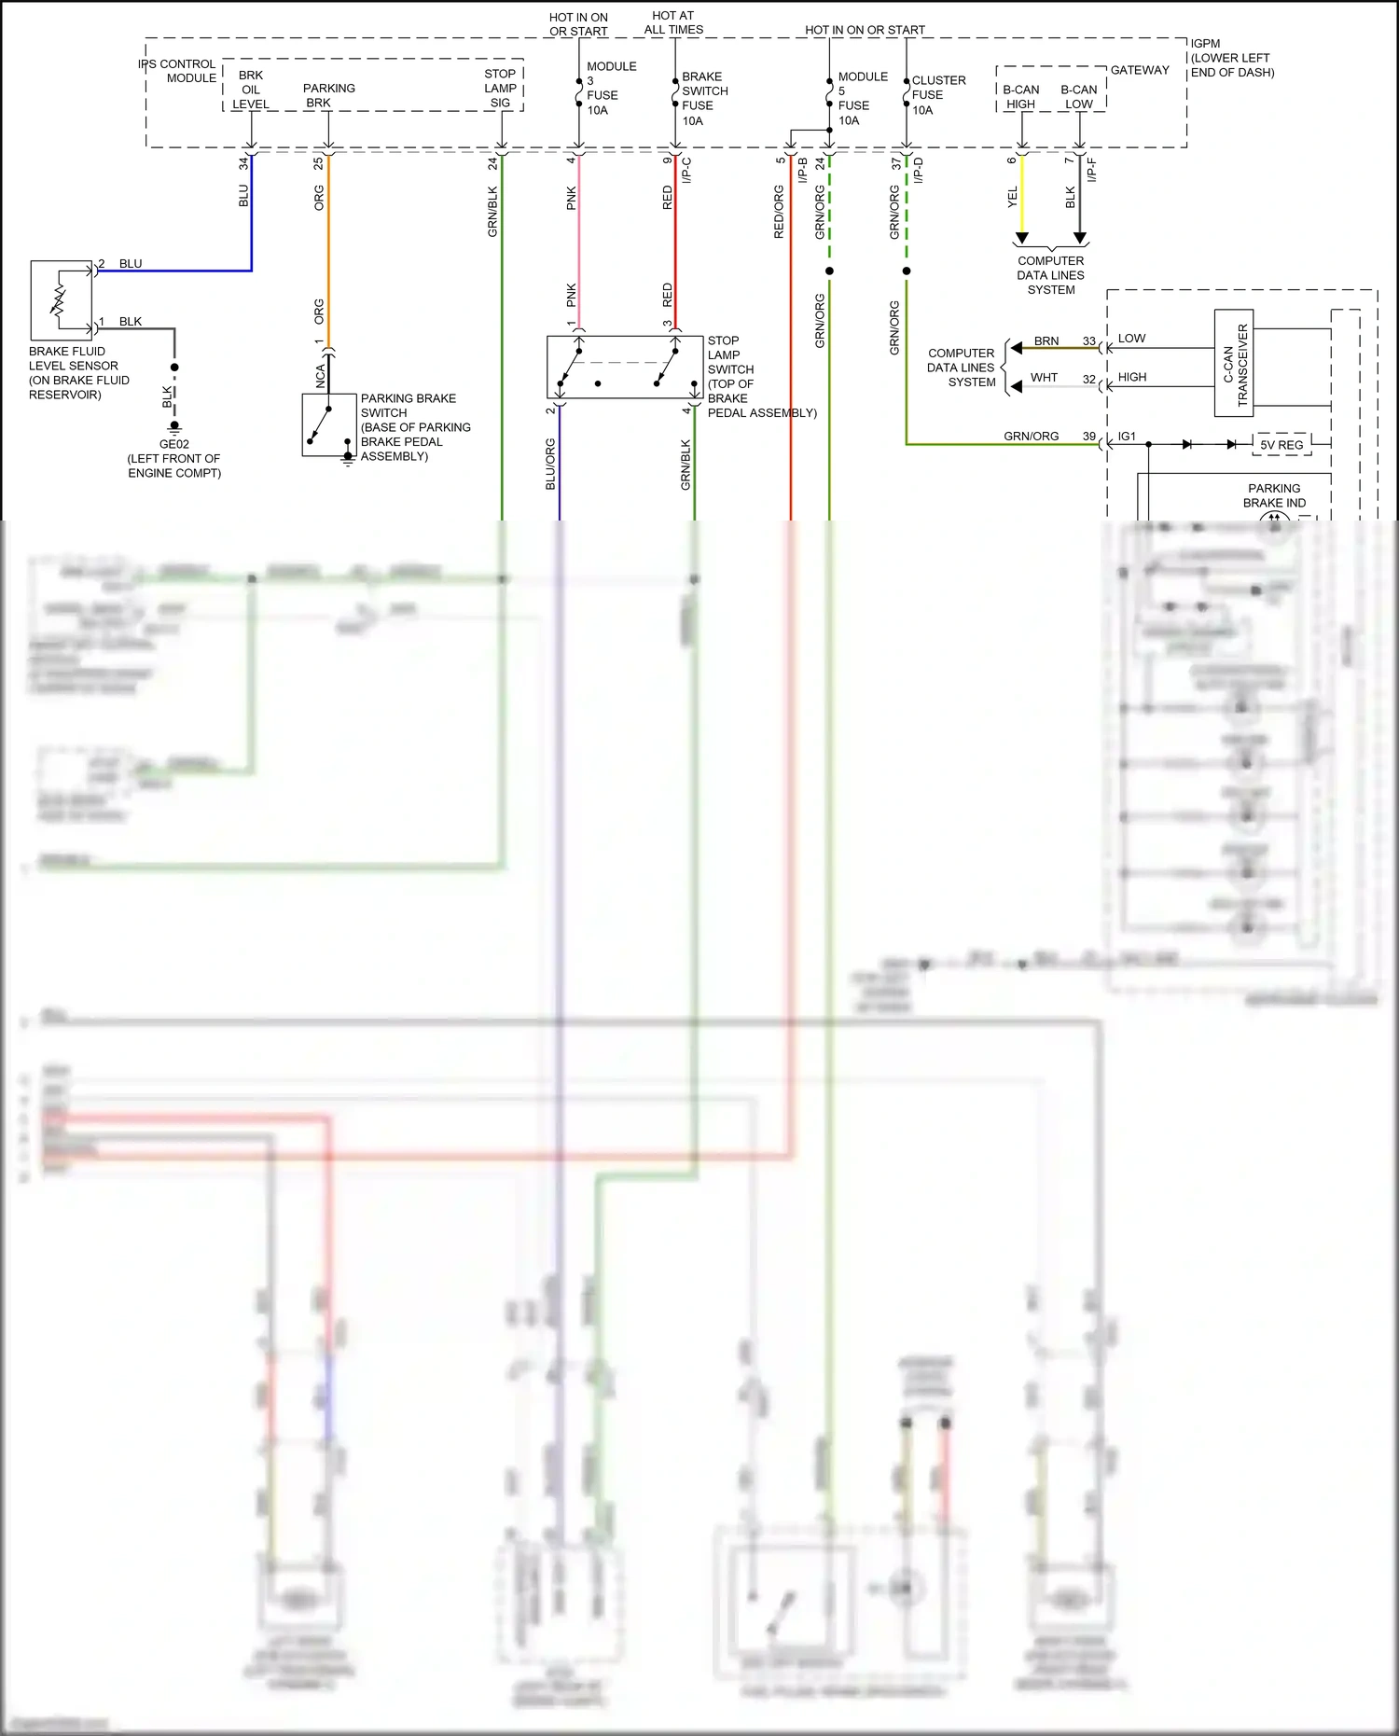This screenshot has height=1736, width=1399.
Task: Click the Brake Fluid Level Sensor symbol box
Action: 62,300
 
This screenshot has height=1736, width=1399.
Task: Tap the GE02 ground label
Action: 174,444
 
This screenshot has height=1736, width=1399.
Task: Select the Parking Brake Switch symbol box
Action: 329,425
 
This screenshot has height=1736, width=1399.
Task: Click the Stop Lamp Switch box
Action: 624,368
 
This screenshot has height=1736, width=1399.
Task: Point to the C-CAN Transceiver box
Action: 1234,363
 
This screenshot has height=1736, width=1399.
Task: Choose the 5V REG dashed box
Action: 1281,445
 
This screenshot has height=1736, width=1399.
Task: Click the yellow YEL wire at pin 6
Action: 1022,196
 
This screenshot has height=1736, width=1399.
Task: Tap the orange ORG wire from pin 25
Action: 328,252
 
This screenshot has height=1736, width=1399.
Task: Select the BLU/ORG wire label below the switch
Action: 550,464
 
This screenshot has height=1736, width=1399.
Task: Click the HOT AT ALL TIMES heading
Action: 673,22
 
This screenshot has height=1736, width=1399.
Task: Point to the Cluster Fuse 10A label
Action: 937,95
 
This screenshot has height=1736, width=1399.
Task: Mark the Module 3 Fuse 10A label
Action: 611,89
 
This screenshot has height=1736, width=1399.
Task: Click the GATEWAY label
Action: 1140,70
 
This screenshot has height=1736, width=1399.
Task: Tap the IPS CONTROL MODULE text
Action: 177,71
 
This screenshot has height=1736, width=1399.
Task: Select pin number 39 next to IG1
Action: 1088,436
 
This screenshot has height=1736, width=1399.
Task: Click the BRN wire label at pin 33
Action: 1046,340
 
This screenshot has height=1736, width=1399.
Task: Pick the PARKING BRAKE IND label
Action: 1274,495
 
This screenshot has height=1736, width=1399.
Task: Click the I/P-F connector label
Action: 1092,170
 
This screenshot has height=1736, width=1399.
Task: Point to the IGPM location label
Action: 1231,58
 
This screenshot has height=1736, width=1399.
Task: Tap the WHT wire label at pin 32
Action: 1044,378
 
